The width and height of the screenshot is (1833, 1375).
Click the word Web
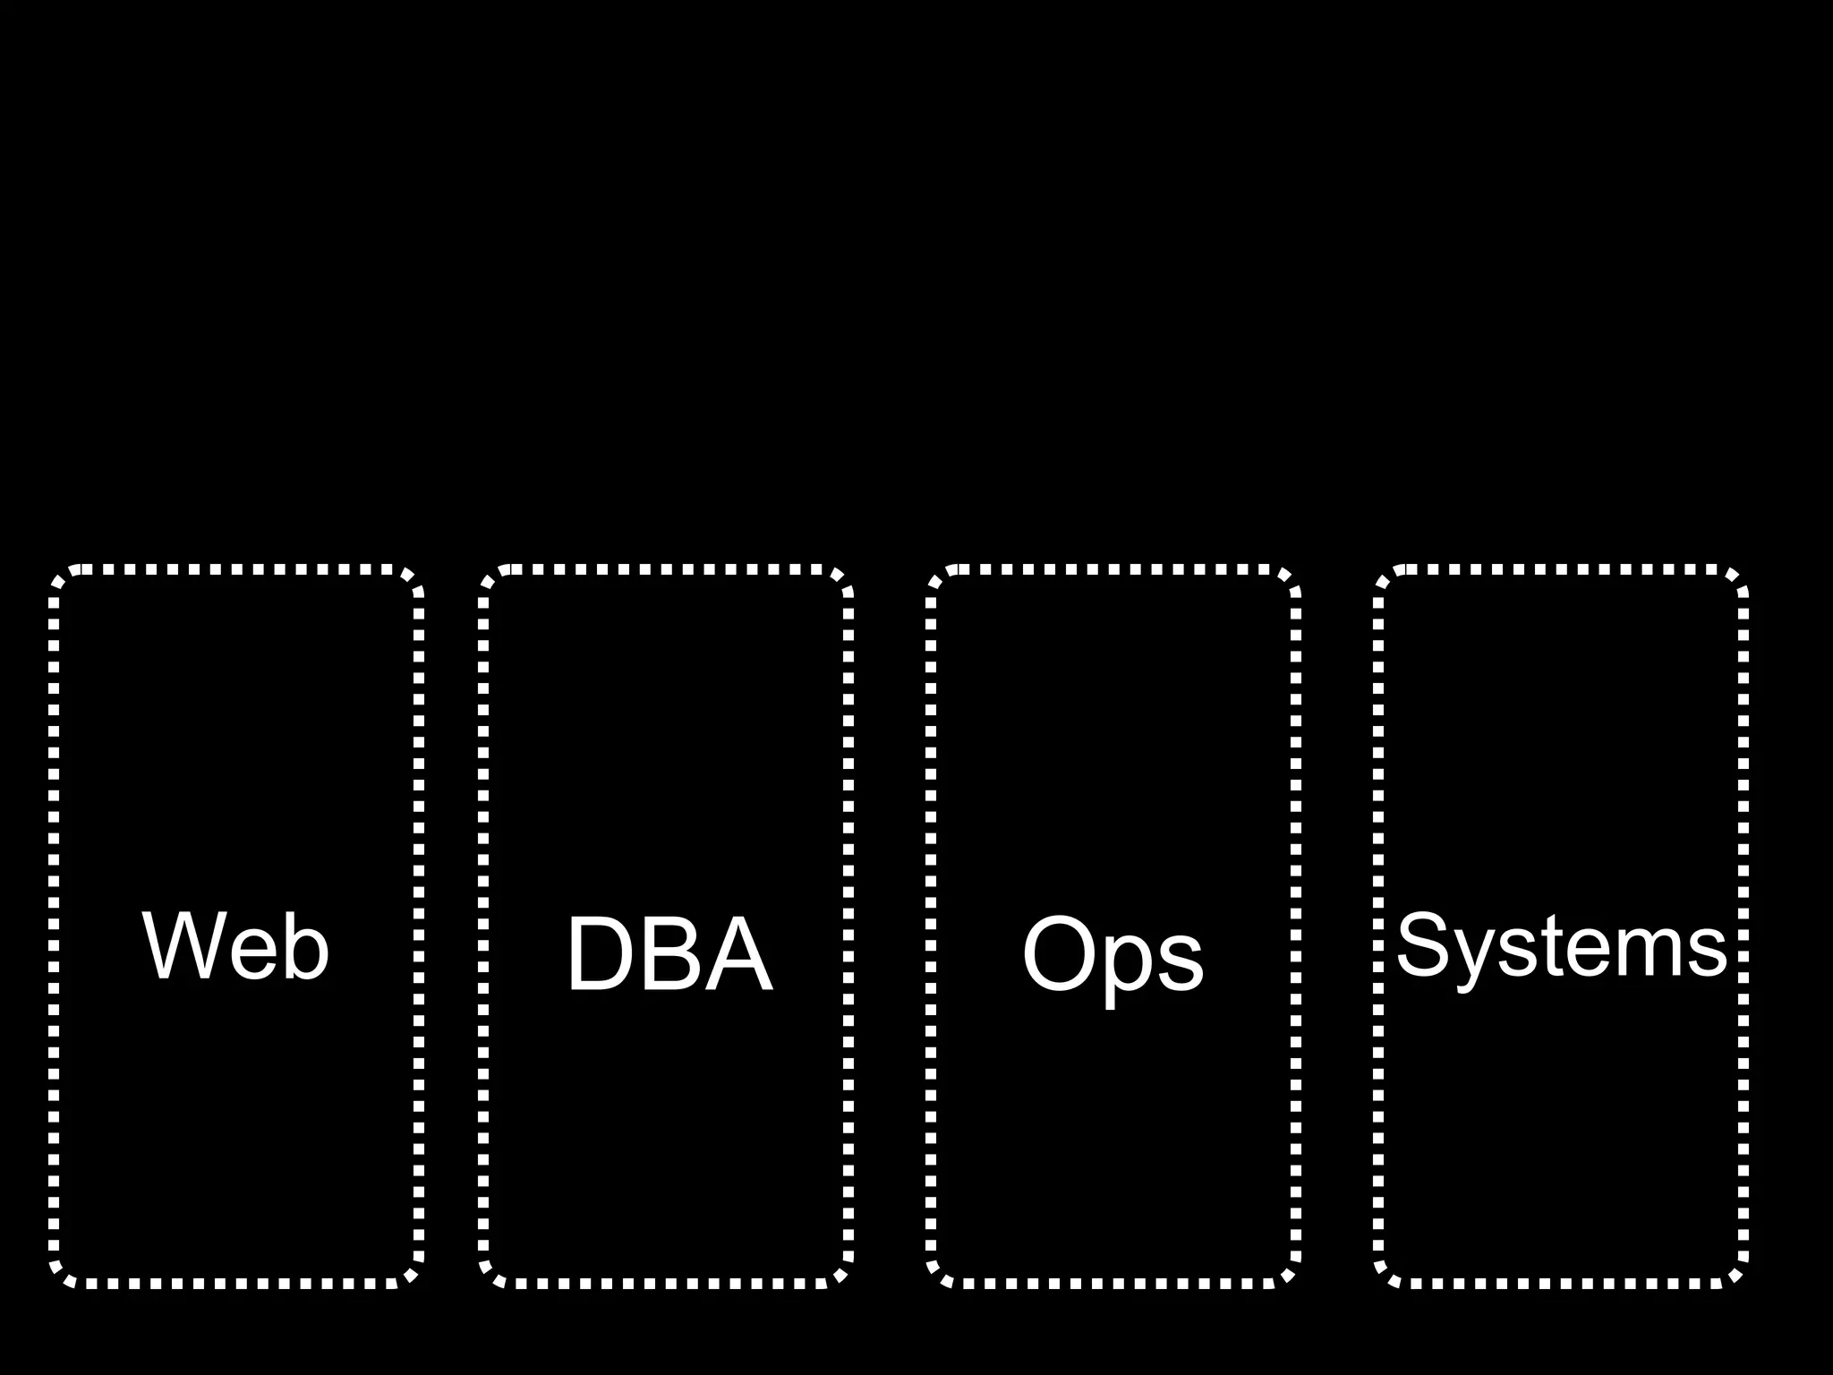[236, 946]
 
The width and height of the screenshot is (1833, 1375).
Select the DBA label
[669, 954]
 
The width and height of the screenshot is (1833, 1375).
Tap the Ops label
[1113, 956]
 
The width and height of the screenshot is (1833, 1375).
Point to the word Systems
[1561, 946]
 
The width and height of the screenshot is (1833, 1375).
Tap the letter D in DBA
[600, 954]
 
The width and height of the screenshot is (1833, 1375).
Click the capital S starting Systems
[1423, 945]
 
